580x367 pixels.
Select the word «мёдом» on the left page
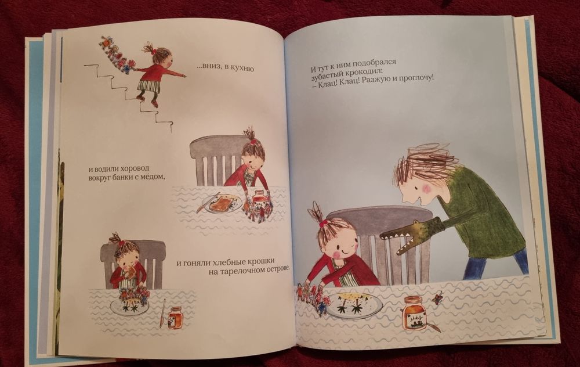click(151, 177)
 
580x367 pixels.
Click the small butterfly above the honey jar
click(438, 297)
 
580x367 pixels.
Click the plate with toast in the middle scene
click(222, 203)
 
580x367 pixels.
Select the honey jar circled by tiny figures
click(259, 200)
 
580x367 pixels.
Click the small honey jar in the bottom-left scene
click(175, 318)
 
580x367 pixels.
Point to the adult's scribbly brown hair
click(423, 163)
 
